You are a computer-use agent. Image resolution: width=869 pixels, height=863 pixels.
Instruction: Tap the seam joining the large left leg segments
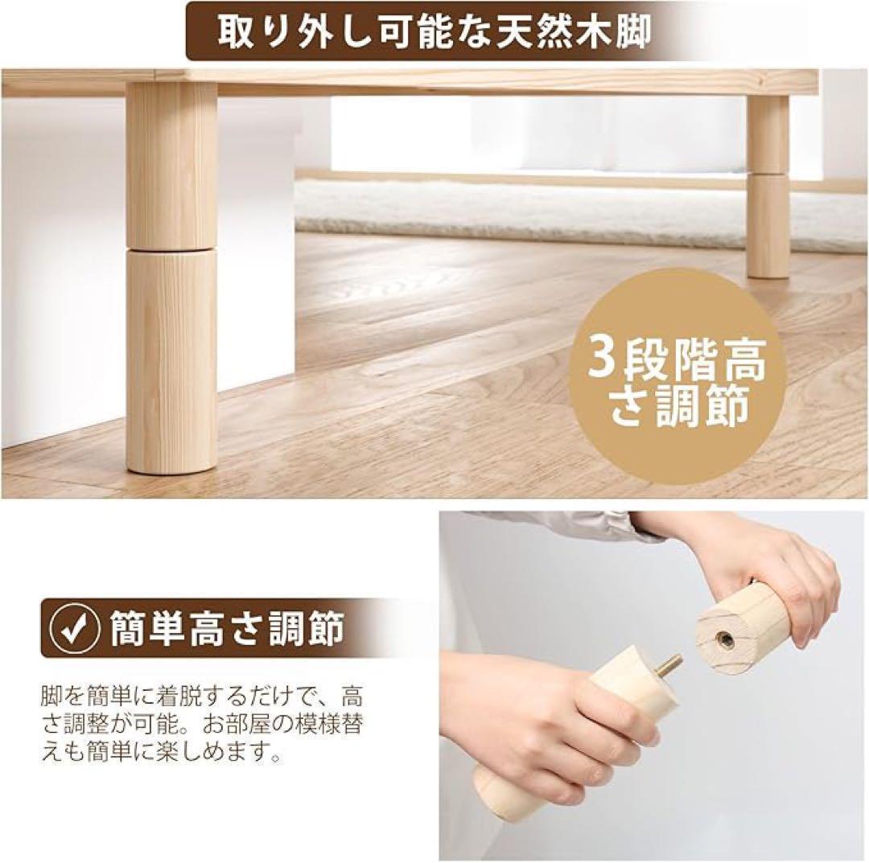[171, 250]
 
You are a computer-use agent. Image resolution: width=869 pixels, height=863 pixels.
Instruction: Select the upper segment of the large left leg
[171, 165]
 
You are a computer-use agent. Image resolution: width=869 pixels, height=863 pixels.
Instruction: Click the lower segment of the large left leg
[171, 358]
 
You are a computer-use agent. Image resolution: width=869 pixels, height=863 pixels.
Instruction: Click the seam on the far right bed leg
[768, 173]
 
